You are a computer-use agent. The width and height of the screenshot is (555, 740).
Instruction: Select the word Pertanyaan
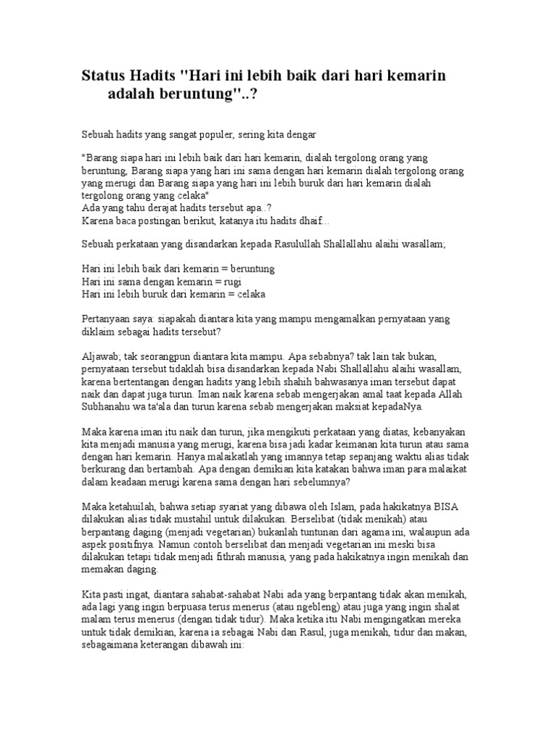pos(108,319)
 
